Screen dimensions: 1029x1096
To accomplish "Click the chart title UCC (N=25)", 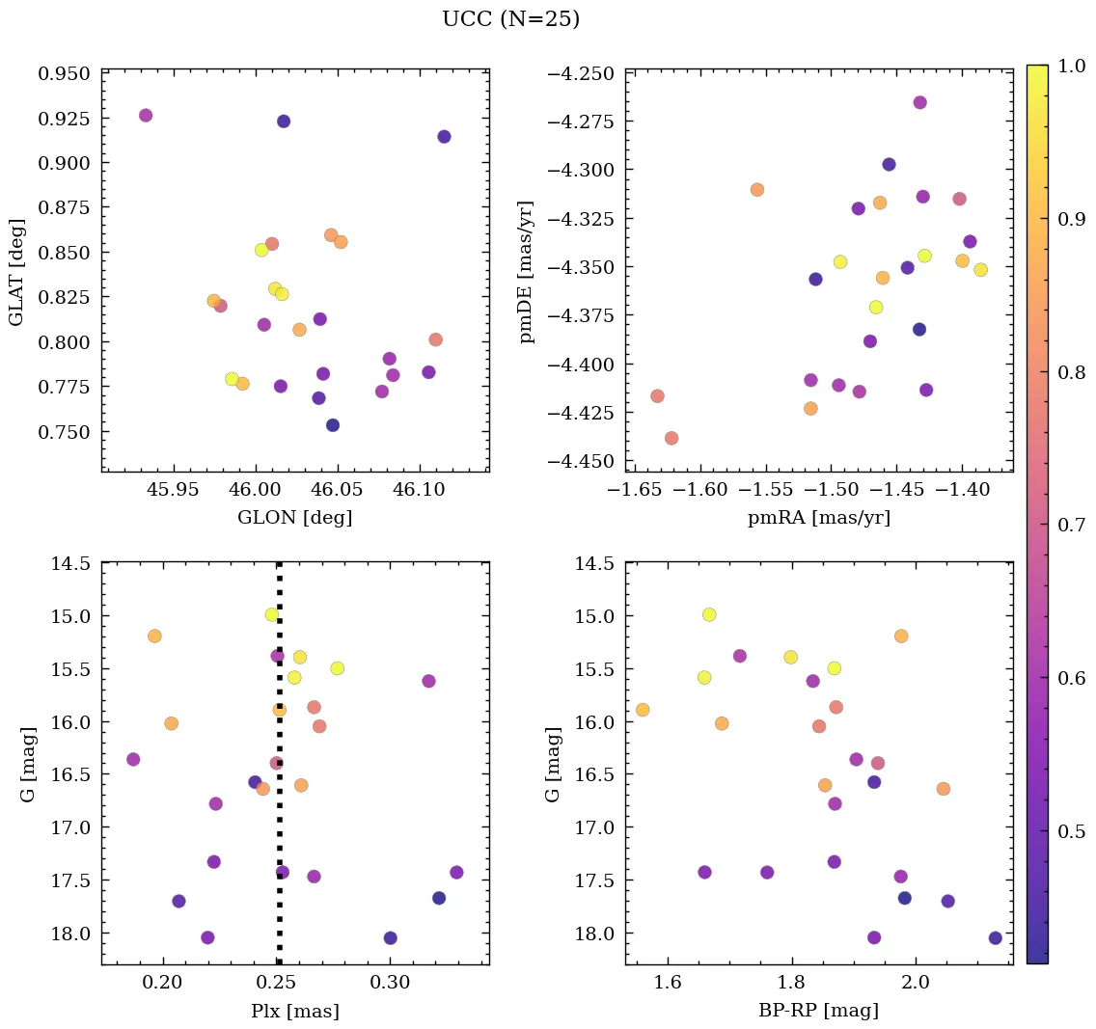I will [x=510, y=19].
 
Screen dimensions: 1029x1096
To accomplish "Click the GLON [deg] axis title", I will [x=294, y=518].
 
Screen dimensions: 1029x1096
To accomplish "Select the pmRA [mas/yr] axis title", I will [x=818, y=518].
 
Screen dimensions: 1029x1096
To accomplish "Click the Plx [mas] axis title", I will [x=294, y=1012].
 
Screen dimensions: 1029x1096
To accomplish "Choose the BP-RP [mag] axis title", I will [x=818, y=1012].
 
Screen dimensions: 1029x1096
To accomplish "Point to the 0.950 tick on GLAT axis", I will [x=65, y=73].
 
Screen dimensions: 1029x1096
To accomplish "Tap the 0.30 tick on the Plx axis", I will [x=390, y=985].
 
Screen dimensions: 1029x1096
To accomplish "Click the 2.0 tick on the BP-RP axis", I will [x=915, y=985].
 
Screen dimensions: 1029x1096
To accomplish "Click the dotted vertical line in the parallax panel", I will [x=279, y=772].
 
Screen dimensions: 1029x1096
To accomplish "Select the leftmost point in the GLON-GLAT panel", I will [x=146, y=116].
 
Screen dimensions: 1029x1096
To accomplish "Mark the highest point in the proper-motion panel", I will [x=919, y=102].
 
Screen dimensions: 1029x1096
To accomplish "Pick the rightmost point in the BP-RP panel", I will [x=995, y=937].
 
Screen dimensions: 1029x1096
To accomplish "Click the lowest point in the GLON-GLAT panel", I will [x=333, y=425].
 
